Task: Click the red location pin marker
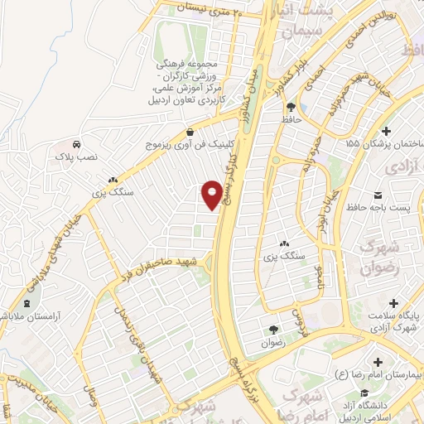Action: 213,194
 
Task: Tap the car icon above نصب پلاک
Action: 76,142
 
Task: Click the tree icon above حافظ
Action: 291,106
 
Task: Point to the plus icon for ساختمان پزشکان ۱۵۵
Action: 386,131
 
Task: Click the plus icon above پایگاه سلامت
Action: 393,302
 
